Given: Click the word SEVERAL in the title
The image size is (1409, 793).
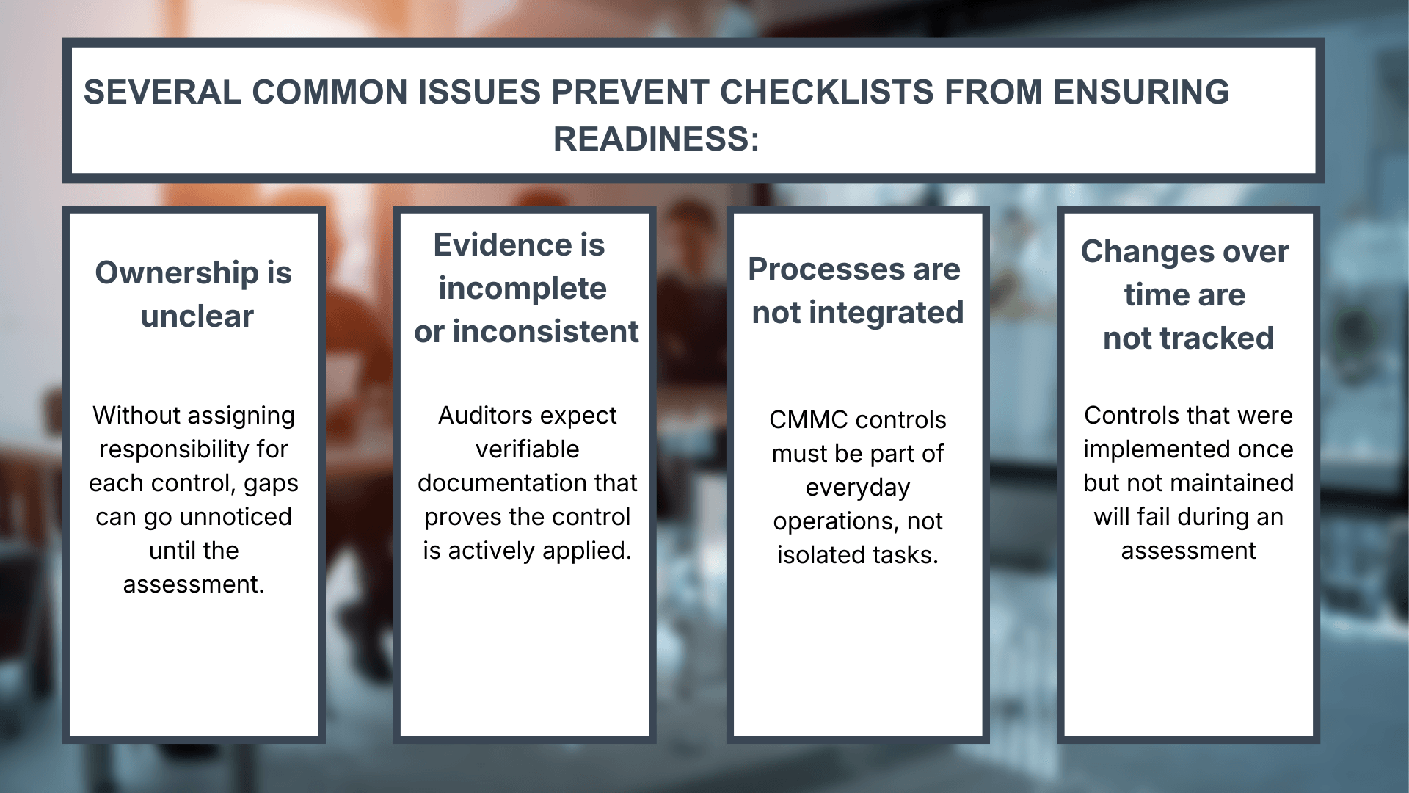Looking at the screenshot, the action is tap(162, 93).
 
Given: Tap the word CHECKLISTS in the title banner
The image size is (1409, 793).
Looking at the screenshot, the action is tap(826, 93).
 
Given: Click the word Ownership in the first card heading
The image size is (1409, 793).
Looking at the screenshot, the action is tap(177, 273).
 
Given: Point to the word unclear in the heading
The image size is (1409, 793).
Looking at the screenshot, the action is tap(197, 316).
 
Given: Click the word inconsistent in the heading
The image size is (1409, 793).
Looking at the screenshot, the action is tap(545, 332).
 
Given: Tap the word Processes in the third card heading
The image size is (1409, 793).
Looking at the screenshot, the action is tap(822, 269).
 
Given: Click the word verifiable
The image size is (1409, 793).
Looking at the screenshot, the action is tap(527, 449).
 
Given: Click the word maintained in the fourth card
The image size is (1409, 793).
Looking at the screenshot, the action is tap(1230, 483).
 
